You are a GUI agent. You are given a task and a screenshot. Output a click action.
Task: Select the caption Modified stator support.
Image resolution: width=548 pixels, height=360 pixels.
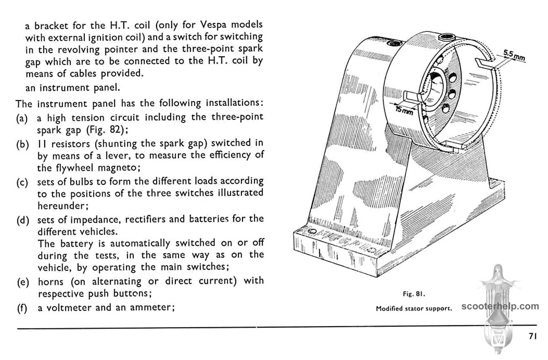(x=414, y=308)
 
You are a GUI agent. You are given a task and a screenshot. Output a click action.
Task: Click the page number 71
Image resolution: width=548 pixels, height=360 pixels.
(x=532, y=336)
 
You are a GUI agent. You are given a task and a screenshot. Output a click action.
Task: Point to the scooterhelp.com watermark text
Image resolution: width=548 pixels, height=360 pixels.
(x=501, y=306)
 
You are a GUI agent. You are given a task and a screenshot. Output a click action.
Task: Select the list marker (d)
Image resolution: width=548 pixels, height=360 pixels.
(x=22, y=220)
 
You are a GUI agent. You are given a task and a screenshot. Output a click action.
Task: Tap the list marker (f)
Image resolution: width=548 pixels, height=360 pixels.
(x=21, y=308)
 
